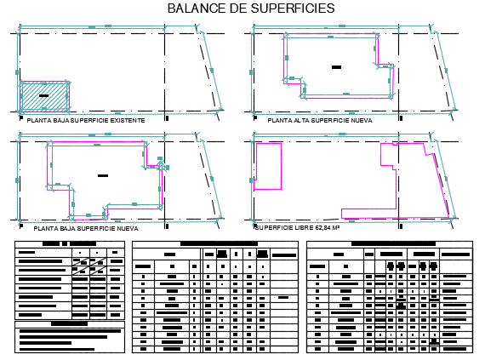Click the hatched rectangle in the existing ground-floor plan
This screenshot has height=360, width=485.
tap(46, 94)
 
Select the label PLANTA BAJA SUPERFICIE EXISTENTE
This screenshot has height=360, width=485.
tap(86, 121)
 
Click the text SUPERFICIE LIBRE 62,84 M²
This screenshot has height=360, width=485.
tap(297, 228)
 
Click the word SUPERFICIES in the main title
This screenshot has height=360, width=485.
tap(289, 9)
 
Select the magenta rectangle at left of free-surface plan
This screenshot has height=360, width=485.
tap(268, 166)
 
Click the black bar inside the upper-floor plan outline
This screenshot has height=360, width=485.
tap(337, 66)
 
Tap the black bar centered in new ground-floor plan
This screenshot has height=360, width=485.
tap(103, 175)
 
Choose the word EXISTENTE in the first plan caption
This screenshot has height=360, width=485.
tap(123, 121)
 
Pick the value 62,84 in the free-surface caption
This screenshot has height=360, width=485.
tap(319, 228)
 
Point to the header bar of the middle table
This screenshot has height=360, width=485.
tap(218, 243)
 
